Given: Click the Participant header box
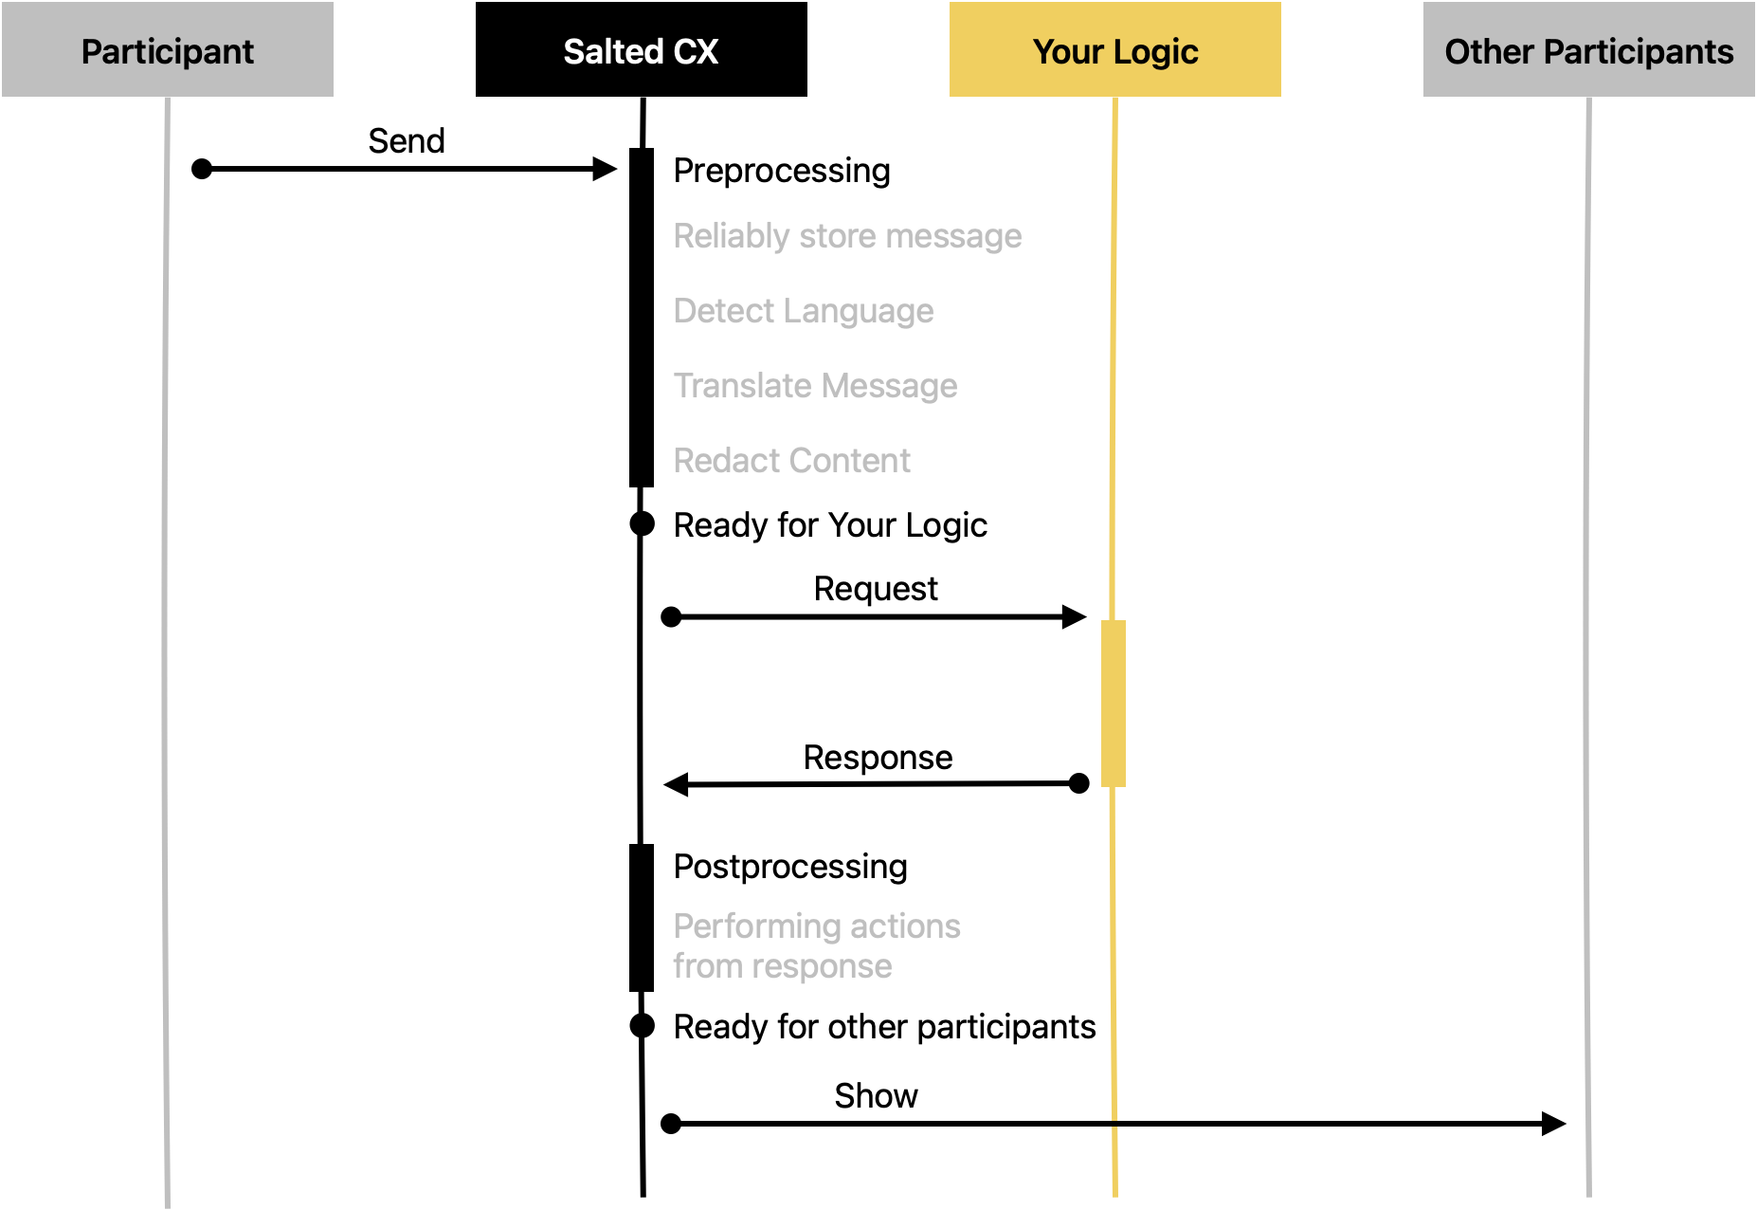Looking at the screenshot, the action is click(x=168, y=49).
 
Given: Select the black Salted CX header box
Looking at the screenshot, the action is click(x=642, y=49).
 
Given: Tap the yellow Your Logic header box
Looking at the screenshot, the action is click(x=1115, y=49).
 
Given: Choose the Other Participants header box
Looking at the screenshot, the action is click(x=1589, y=49).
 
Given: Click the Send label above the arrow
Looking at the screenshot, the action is click(x=407, y=140).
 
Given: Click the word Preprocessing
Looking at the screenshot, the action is click(x=782, y=171).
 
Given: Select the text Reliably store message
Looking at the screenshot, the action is click(x=847, y=236).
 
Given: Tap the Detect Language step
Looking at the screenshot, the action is click(x=804, y=311).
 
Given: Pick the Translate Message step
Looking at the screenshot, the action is click(x=815, y=386).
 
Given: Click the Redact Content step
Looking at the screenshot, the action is click(x=791, y=461).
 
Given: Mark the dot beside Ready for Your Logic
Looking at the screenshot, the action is click(x=643, y=523).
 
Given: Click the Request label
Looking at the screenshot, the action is click(x=876, y=589).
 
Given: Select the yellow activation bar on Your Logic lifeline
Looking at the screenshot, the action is click(x=1114, y=704).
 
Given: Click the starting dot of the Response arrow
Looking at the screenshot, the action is click(x=1078, y=783).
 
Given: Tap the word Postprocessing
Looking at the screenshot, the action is click(x=790, y=867).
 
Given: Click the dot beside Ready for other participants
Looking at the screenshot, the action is click(x=643, y=1025).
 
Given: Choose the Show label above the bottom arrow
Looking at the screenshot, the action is click(x=876, y=1096).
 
